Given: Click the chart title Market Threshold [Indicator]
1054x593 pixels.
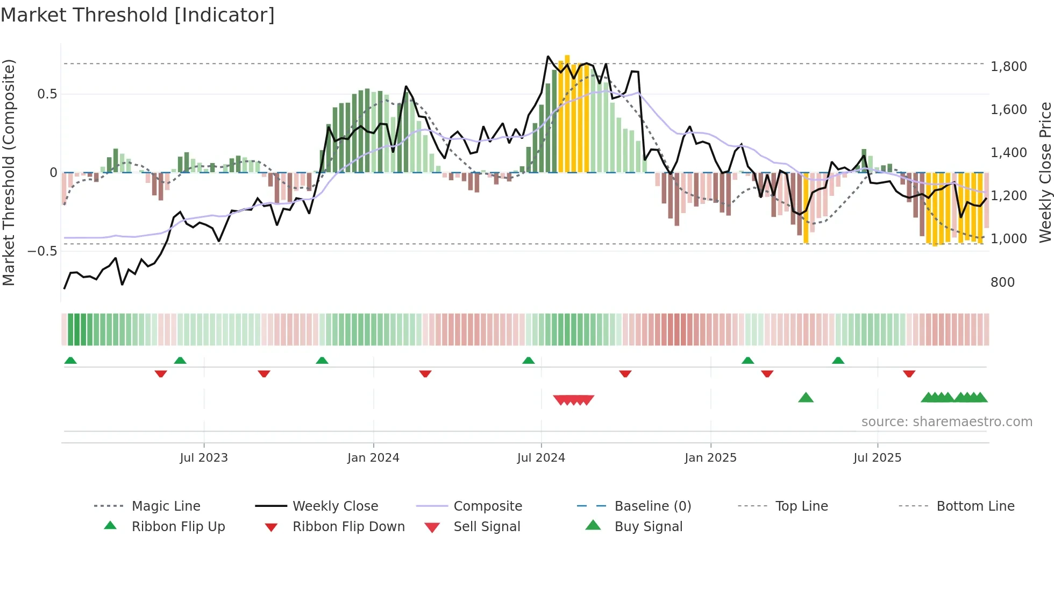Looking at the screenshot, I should coord(138,15).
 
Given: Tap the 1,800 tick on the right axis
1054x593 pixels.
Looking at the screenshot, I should coord(1008,67).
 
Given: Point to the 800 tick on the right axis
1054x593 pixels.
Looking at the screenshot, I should coord(1002,283).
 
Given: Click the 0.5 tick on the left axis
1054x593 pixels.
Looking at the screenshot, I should coord(47,94).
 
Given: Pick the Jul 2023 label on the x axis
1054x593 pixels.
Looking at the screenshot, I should coord(204,458).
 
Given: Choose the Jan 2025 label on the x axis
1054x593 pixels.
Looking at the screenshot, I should coord(710,458).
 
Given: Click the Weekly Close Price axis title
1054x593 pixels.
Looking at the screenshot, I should coord(1044,172).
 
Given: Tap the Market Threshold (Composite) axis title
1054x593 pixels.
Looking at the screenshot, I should coord(9,172).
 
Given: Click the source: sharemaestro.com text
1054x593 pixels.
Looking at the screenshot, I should coord(946,422).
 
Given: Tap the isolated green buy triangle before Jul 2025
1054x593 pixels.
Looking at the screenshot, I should coord(806,398).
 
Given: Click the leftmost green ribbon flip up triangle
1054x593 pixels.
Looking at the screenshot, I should coord(70,361).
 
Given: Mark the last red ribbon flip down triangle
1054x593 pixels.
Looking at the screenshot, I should coord(909,373).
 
